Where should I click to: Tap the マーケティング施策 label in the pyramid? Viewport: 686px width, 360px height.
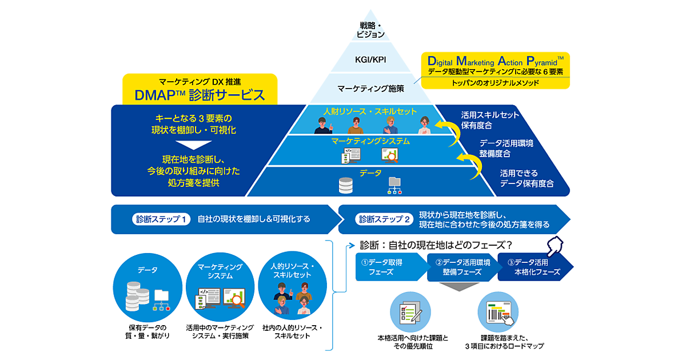coord(370,89)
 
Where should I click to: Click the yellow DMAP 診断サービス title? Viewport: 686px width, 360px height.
coord(200,95)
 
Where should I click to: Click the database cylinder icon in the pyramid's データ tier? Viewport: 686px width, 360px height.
coord(346,185)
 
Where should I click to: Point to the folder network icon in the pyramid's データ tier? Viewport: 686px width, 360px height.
coord(395,185)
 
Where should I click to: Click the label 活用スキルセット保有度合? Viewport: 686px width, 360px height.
coord(490,120)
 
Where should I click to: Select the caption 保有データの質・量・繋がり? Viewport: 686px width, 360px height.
coord(149,331)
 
